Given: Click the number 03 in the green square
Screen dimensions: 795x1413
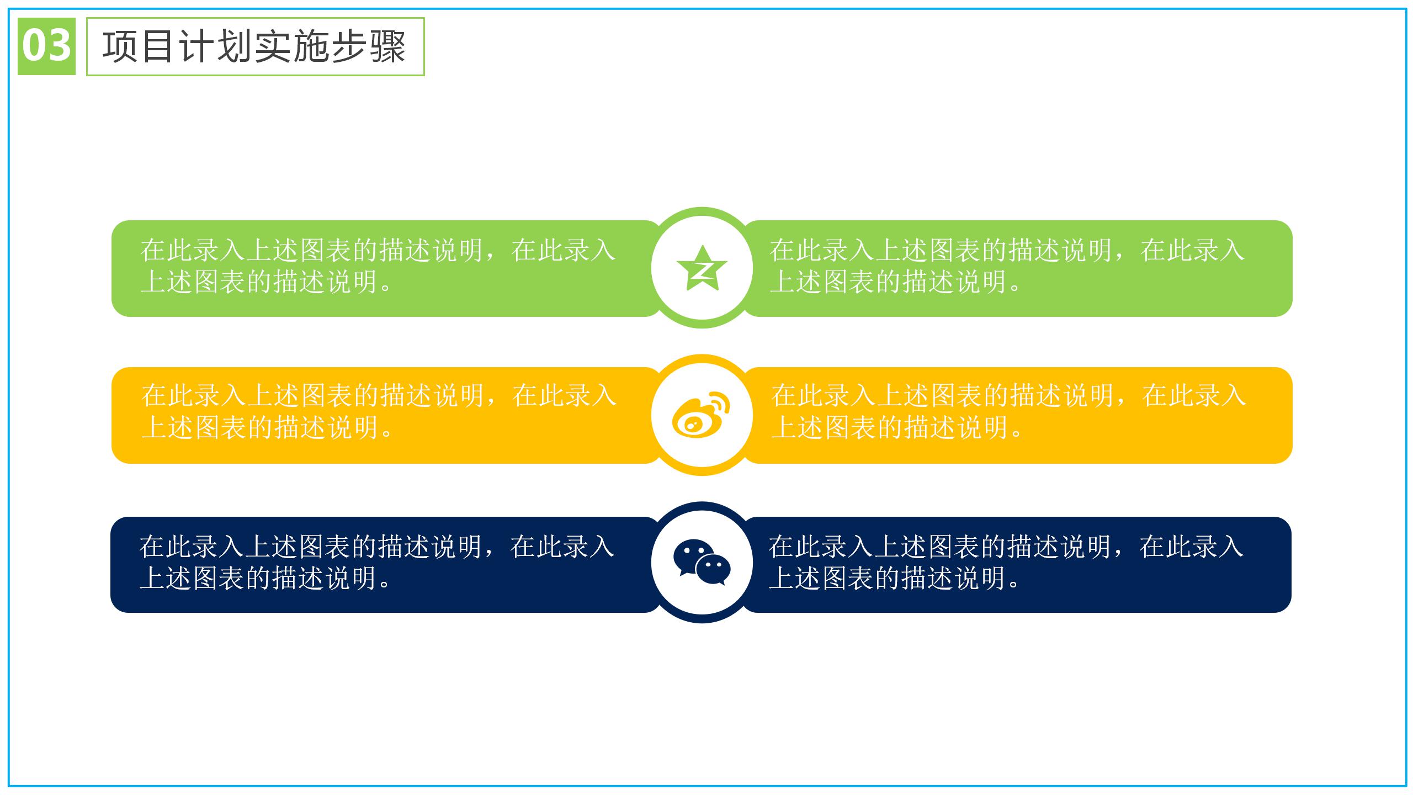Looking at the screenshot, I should click(46, 46).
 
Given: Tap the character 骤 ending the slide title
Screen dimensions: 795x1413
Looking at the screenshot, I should click(388, 47).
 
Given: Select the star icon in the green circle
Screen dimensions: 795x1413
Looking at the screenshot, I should click(702, 269).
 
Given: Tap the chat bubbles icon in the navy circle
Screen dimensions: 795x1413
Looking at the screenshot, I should click(702, 562).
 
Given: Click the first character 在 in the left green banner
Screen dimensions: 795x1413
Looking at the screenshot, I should click(153, 250).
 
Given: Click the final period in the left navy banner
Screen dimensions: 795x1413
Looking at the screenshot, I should click(386, 584).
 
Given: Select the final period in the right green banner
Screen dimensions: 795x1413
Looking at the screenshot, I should click(1017, 288).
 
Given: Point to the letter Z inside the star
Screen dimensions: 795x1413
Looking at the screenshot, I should click(703, 271).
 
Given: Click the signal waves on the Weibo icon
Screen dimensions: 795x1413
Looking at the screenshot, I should click(720, 404).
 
